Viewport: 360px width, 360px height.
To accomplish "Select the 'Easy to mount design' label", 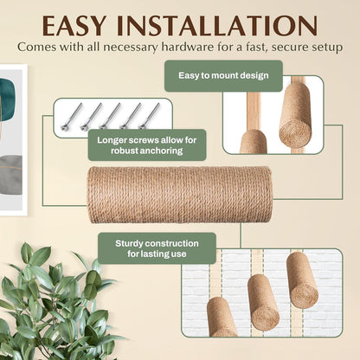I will [223, 76].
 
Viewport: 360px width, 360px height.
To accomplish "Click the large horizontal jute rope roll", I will [179, 195].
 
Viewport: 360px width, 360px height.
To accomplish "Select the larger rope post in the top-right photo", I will [295, 114].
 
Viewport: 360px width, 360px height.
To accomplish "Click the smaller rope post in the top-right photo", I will [253, 141].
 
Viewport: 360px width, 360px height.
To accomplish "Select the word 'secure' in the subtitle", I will [297, 45].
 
